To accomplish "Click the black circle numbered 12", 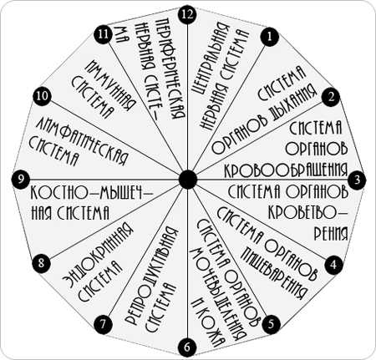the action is coord(187,14).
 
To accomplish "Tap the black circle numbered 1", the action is coord(269,37).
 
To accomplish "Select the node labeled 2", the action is coord(331,97).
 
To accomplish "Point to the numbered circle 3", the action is coord(357,180).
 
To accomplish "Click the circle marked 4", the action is coord(333,264).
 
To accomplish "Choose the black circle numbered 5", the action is coord(271,324).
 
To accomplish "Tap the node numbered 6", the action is coord(187,347).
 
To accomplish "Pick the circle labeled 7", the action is coord(104,324).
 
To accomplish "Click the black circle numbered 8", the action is coord(42,262).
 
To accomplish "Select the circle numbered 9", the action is coord(21,179).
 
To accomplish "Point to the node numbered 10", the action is coord(43,97).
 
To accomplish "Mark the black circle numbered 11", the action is coord(103,34).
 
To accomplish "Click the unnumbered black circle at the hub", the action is coord(188,179).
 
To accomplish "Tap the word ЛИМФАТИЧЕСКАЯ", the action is coord(82,141).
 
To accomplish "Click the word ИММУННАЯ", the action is coord(110,85).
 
